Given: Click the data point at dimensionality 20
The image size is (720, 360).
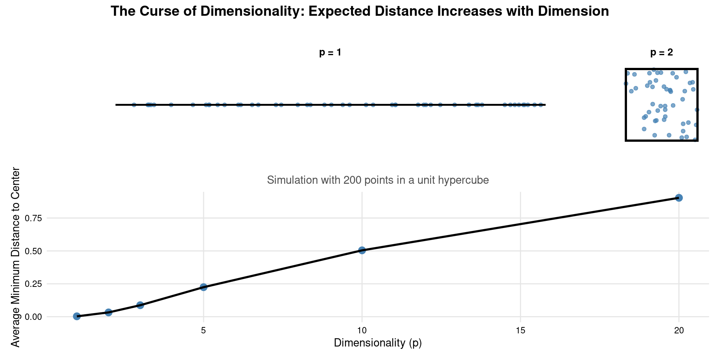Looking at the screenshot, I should pos(679,198).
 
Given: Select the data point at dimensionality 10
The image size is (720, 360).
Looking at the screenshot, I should pos(362,250).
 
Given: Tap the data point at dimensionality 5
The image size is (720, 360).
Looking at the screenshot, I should pos(204,287).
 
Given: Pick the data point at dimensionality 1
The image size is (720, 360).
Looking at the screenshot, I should pos(77,316).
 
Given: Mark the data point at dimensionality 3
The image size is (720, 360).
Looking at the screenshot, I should pos(140,305).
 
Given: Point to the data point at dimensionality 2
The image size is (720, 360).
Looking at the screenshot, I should pos(108,312).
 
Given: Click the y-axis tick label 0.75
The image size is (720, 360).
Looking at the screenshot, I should pos(34,218).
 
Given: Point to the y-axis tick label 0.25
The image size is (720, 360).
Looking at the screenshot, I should pos(34,284).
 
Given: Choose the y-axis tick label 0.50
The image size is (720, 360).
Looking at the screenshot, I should pos(34,251).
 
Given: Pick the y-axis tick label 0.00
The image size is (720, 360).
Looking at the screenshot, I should pos(34,317).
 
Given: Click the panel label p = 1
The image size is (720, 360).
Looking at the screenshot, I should pos(330,53).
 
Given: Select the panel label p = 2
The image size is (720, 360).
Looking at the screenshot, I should pos(661,53).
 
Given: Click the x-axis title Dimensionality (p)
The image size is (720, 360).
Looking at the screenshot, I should pos(378,343).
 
